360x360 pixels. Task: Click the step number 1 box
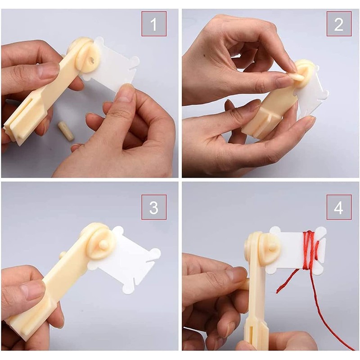tap(154, 24)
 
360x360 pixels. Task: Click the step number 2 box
tap(338, 24)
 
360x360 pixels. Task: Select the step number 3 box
tap(154, 207)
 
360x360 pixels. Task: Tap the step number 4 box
tap(338, 207)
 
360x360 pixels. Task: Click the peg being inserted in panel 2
tap(297, 77)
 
